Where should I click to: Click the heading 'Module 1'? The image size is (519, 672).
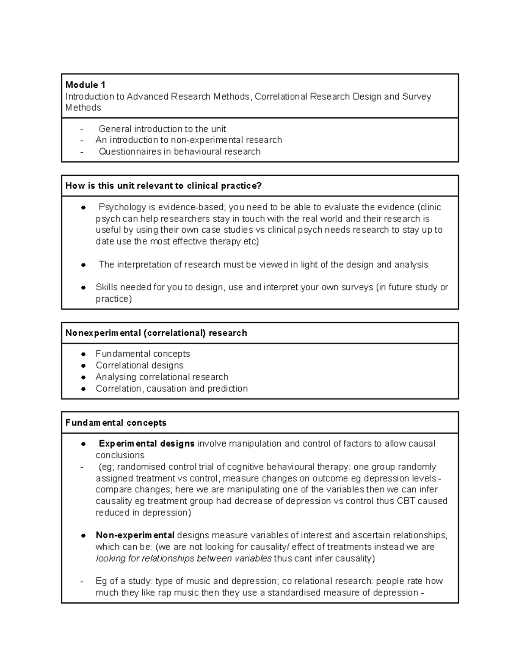85,85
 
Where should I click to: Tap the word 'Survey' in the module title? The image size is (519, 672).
416,96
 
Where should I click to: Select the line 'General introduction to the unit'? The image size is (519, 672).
162,129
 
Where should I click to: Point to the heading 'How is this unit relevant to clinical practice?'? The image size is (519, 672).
163,186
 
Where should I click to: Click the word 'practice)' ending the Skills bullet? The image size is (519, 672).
114,299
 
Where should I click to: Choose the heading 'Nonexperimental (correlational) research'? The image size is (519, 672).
156,333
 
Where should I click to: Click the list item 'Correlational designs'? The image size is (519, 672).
140,366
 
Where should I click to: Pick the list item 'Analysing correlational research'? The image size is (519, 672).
162,377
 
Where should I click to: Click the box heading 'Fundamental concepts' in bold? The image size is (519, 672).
115,423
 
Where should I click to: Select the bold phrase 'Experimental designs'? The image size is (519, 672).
147,444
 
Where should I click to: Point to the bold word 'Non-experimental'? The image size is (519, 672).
135,535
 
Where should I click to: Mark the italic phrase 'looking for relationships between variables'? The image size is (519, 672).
183,558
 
